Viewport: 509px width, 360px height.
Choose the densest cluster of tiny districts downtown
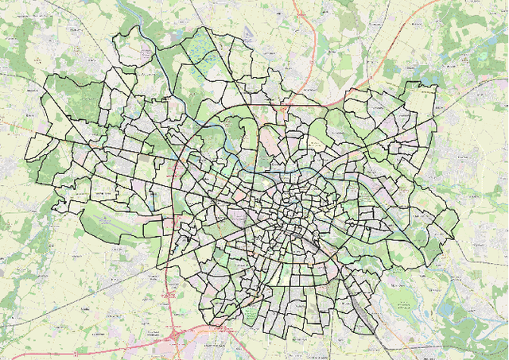(278, 211)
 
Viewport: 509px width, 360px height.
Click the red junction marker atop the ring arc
(253, 104)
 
